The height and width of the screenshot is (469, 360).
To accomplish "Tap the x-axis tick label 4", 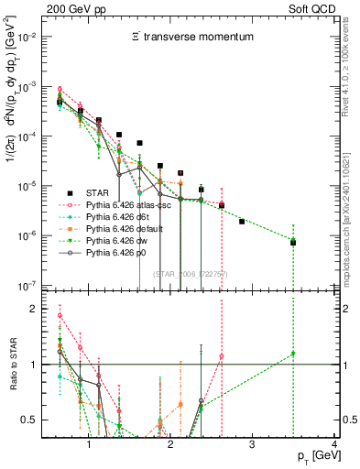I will click(334, 442).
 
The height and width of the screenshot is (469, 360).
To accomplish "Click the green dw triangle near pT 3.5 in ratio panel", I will click(293, 354).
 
